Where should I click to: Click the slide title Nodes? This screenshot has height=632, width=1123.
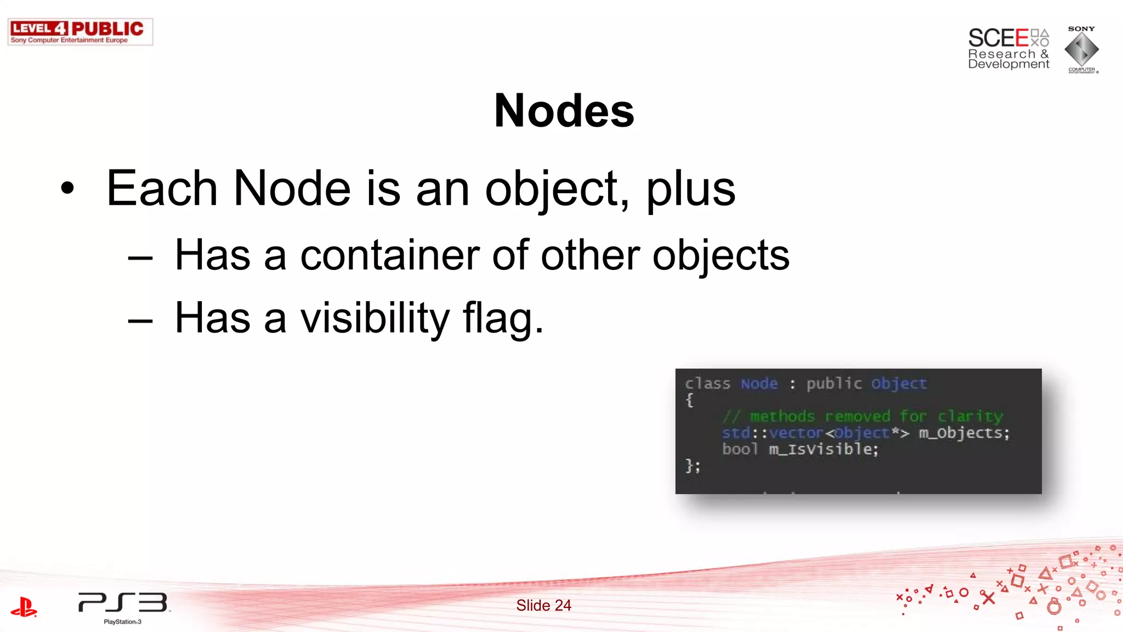[x=564, y=111]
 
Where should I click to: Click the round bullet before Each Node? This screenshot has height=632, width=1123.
[x=67, y=189]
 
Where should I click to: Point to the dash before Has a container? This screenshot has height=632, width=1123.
[x=140, y=257]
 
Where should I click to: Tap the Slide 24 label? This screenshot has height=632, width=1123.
[x=543, y=605]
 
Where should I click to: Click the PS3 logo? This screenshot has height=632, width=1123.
[x=123, y=603]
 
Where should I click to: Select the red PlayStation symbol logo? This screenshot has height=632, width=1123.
[x=24, y=607]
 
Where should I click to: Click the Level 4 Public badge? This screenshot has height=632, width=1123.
[x=80, y=32]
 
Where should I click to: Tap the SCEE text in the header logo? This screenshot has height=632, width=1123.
[x=998, y=38]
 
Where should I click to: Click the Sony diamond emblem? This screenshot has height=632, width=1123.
[x=1081, y=49]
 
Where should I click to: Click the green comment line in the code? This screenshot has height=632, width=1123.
[x=862, y=416]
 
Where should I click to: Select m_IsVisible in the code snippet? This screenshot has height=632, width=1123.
[x=823, y=449]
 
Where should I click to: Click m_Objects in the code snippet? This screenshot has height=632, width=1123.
[x=963, y=433]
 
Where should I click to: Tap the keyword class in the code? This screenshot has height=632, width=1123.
[x=707, y=383]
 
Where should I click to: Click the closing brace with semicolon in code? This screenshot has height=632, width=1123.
[x=693, y=466]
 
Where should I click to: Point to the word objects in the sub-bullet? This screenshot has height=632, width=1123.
[x=721, y=256]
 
